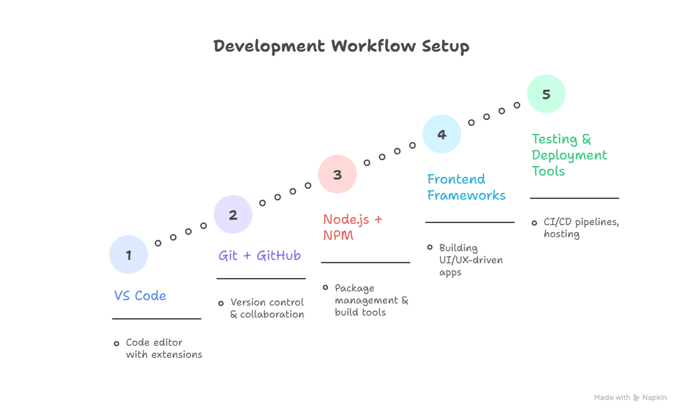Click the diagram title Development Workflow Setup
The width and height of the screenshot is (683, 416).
pos(341,46)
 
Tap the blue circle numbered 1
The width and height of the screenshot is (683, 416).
pos(129,255)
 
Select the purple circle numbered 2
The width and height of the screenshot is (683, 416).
pos(233,214)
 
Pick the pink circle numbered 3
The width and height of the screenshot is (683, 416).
pos(337,174)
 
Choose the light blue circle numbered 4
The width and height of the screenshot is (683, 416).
pos(442,134)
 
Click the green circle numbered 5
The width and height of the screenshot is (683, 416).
pos(546,94)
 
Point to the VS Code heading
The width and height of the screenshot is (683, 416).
pos(140,295)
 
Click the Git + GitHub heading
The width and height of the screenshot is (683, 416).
pos(259,255)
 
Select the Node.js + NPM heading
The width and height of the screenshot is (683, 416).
pos(353,227)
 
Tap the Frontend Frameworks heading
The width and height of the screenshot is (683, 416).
pos(466,187)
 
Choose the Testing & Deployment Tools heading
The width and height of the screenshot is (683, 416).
pos(569,155)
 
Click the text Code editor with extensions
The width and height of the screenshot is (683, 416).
pos(163,348)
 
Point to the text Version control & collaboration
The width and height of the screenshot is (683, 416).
pos(267,308)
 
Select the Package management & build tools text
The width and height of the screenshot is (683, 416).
pos(371,300)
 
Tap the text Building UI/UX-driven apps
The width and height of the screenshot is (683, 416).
pos(470,260)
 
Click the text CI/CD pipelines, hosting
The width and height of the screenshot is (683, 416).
pos(581,228)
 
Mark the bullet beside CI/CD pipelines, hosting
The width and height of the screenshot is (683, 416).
pos(534,222)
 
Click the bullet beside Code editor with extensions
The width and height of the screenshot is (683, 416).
pos(116,343)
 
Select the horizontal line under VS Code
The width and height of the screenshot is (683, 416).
pos(157,319)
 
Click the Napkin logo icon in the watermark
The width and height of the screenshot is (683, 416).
pos(637,397)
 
